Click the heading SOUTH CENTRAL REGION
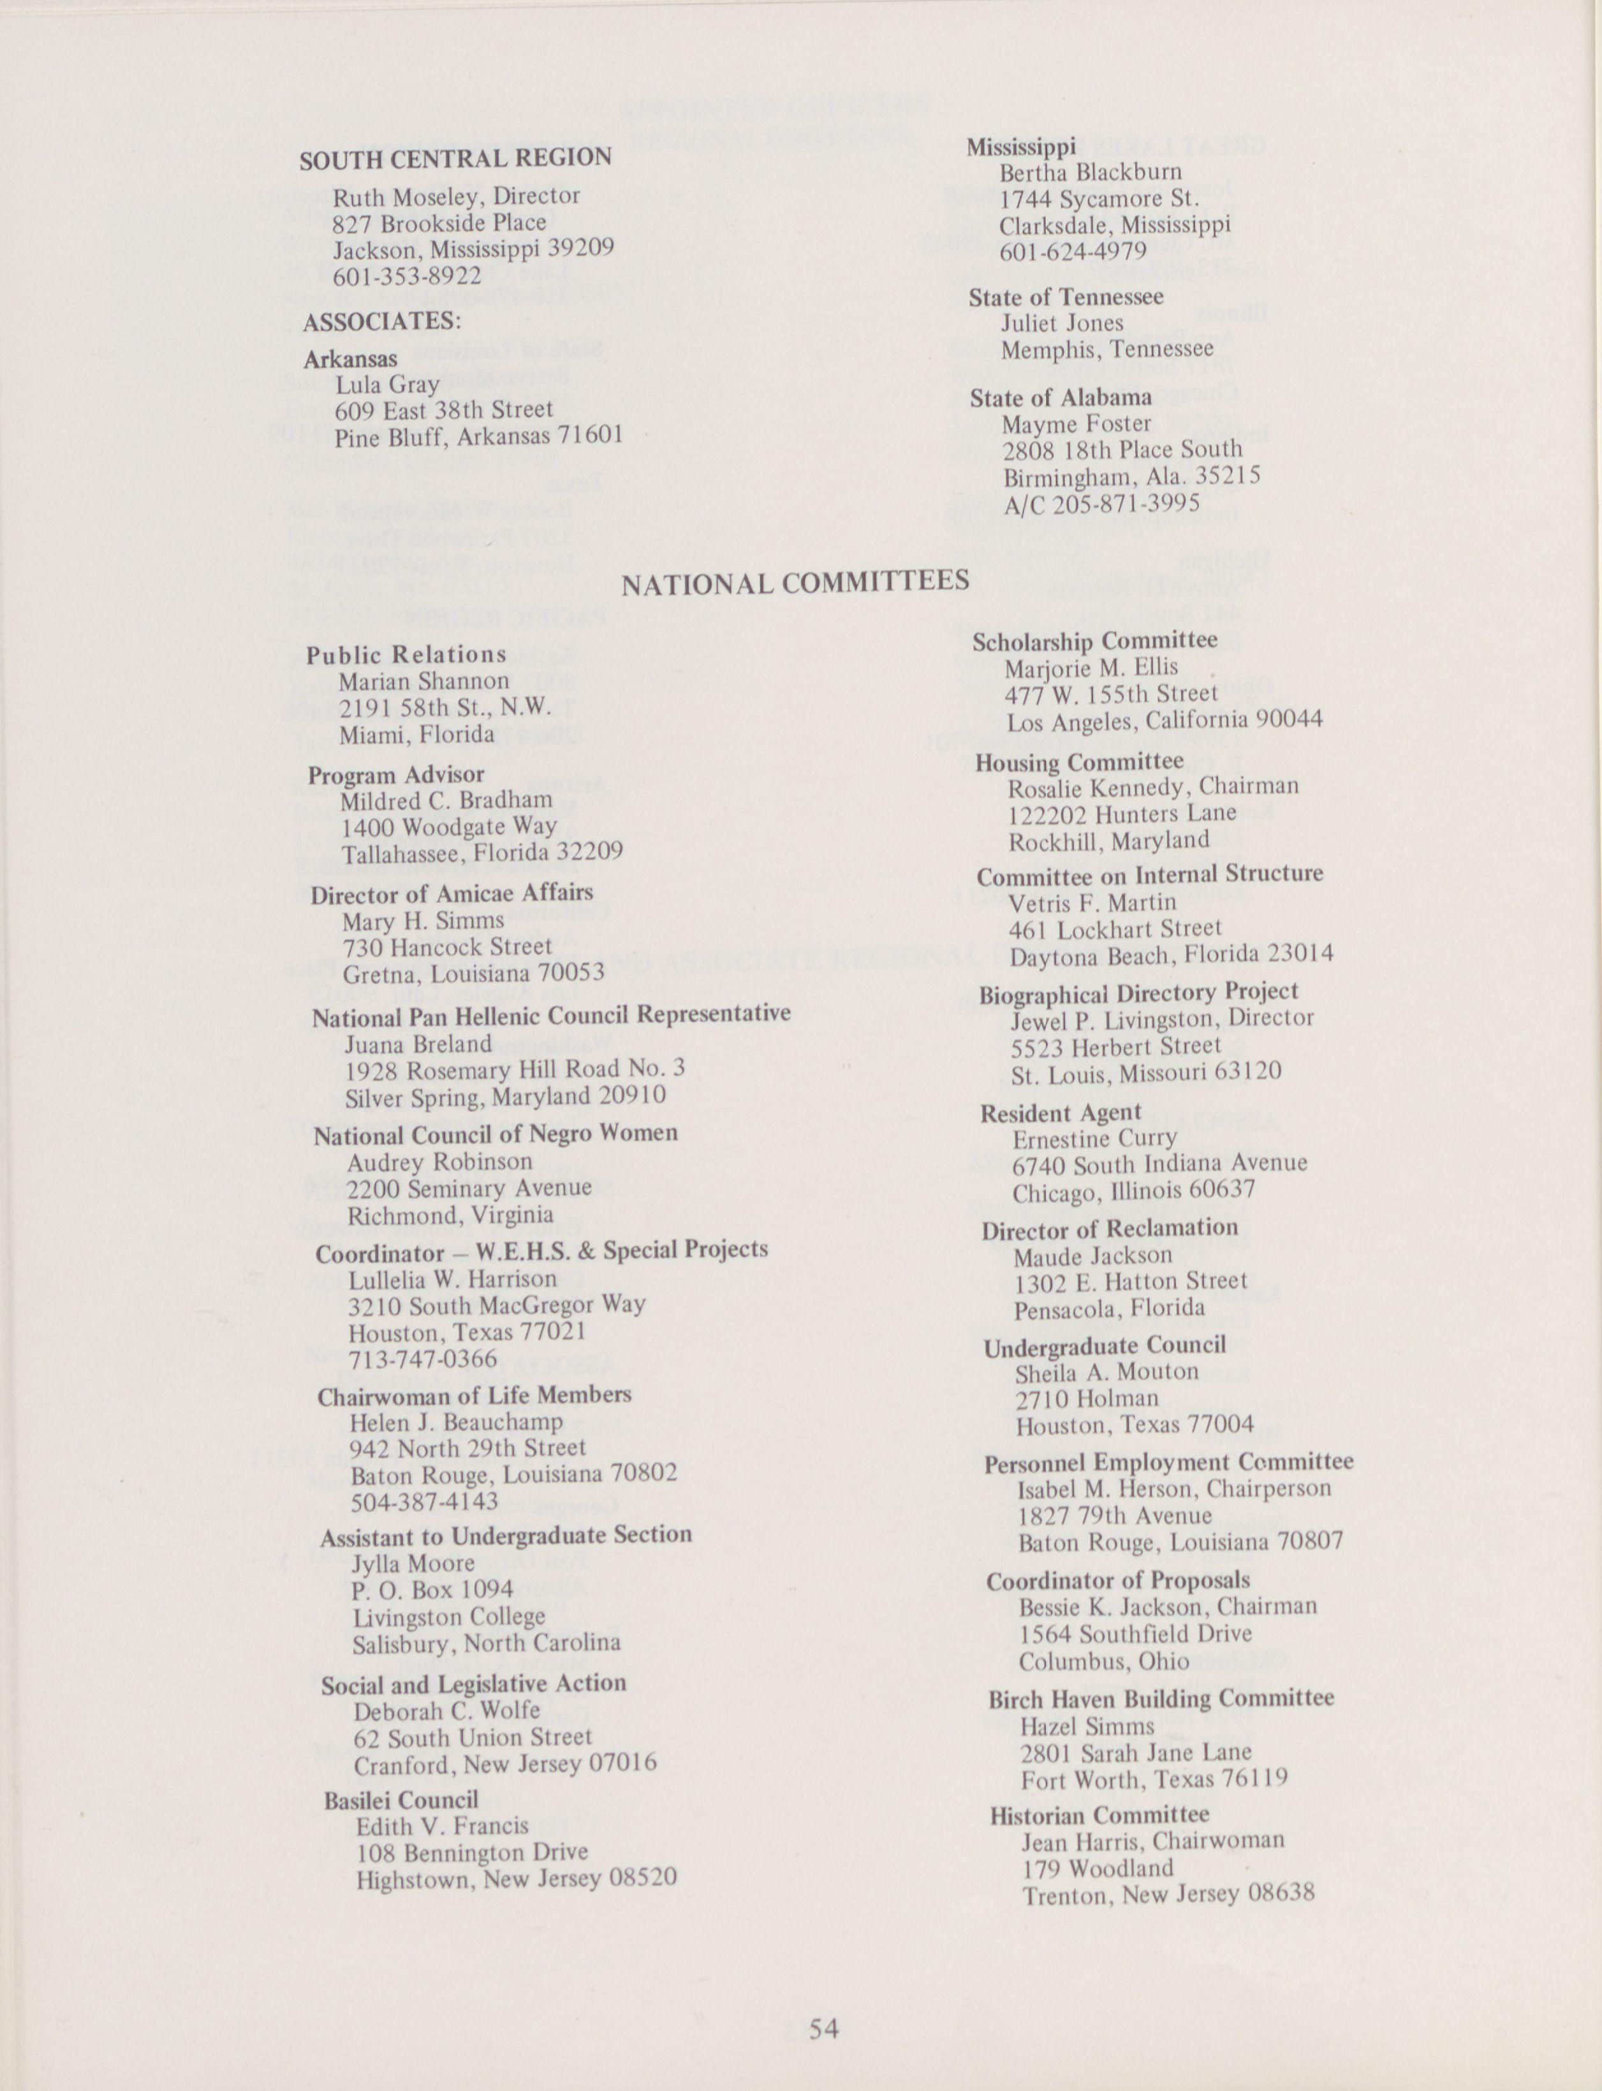click(456, 158)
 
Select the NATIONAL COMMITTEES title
click(795, 582)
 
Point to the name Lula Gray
click(387, 385)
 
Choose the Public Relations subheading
click(406, 655)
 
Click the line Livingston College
click(449, 1617)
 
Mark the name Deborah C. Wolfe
click(446, 1710)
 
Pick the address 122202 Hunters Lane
click(1122, 813)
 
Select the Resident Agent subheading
click(1061, 1113)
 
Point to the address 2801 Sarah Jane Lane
click(1136, 1752)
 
